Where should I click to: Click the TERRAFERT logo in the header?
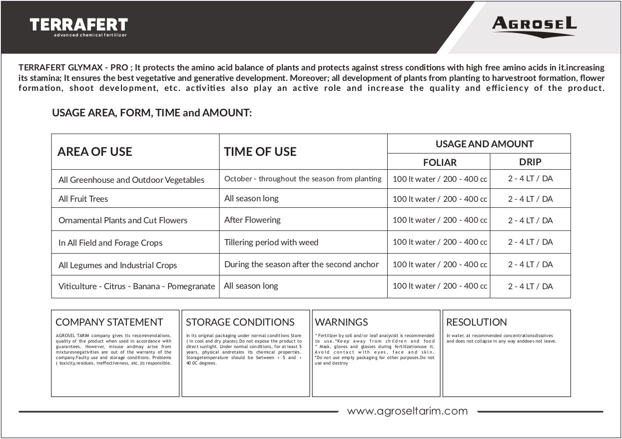click(x=78, y=26)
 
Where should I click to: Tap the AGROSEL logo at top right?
click(x=534, y=24)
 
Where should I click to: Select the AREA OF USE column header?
click(x=95, y=152)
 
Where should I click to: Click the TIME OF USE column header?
click(x=260, y=152)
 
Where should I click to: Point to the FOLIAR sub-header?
click(x=440, y=162)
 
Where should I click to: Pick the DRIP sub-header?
click(x=530, y=162)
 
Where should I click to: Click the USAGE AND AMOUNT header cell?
click(x=484, y=144)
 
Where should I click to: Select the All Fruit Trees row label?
click(x=83, y=199)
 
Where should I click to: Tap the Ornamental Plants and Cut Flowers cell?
click(x=123, y=220)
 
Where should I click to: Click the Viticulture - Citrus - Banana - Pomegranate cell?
click(x=136, y=287)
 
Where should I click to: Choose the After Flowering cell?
click(x=252, y=220)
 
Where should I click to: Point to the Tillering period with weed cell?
click(x=271, y=242)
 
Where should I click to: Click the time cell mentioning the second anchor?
click(x=301, y=264)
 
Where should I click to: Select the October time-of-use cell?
click(x=303, y=179)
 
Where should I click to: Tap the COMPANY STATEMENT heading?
click(x=109, y=322)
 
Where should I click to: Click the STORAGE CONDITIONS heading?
click(x=240, y=322)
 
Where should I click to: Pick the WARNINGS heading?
click(x=341, y=322)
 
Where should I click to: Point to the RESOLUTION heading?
click(x=477, y=322)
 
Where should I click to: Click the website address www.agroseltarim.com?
click(x=407, y=411)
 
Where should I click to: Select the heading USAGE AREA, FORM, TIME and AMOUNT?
click(x=152, y=113)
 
